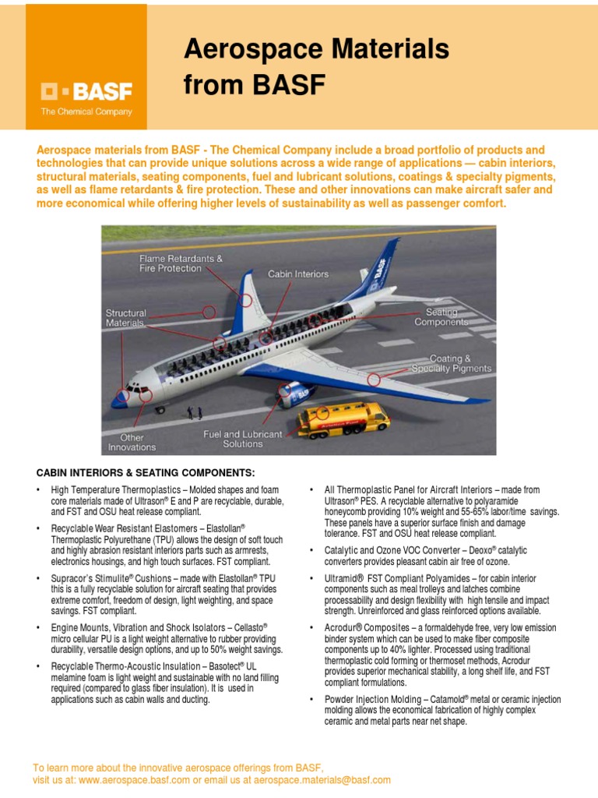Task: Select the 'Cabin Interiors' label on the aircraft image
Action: coord(298,274)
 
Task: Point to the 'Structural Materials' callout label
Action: coord(126,317)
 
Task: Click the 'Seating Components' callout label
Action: coord(441,316)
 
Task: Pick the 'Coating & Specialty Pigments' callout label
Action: coord(452,363)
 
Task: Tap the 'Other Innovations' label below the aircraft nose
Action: coord(132,443)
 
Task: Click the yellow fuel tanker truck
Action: coord(343,419)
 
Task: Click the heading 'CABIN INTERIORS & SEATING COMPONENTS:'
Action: coord(146,473)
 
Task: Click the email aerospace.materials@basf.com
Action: coord(323,779)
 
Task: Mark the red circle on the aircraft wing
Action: coord(375,380)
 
